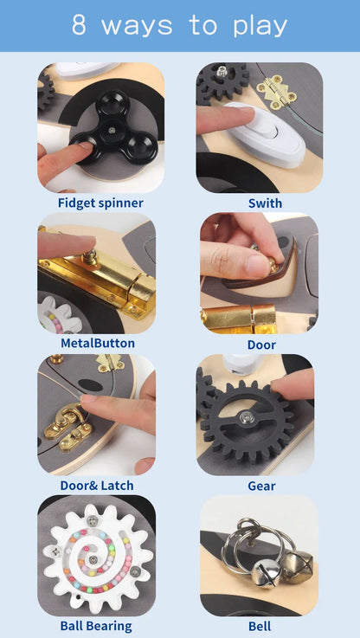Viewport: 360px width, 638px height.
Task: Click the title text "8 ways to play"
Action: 179,25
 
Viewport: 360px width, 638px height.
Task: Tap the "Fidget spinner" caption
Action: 100,203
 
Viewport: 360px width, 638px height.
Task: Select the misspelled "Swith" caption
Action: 265,203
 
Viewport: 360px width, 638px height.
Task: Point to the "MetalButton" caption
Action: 97,343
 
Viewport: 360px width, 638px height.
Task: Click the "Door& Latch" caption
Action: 96,486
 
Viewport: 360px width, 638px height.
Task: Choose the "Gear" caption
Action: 261,486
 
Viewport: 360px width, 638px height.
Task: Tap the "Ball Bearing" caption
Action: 96,626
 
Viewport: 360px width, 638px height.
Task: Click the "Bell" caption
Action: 260,626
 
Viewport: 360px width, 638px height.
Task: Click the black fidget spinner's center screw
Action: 111,131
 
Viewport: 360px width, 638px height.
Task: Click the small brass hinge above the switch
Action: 277,93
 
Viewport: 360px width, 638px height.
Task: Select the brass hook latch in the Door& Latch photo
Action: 68,429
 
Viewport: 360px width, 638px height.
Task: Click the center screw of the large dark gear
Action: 245,416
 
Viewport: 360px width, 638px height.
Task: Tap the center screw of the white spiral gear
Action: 93,559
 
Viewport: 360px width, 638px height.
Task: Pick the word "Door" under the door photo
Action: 261,345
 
